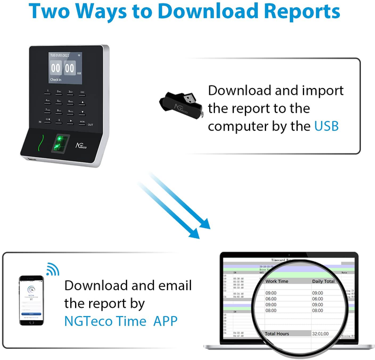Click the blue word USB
326,126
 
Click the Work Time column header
277,281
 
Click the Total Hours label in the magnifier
277,334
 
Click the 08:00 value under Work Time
271,311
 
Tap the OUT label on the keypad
90,124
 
